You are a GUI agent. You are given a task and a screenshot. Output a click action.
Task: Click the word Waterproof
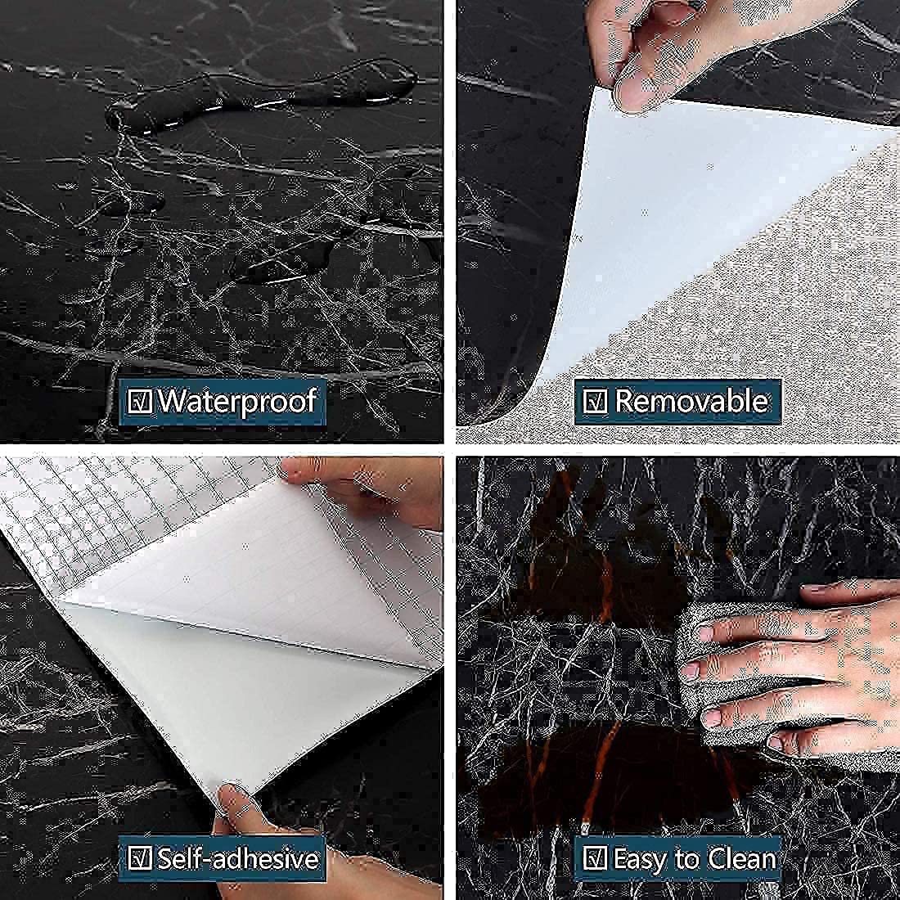point(237,402)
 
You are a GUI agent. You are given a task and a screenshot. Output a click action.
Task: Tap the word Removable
point(691,401)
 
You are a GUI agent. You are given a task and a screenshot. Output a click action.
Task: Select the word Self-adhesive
point(238,859)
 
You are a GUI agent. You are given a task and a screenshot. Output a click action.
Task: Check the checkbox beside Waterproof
point(139,401)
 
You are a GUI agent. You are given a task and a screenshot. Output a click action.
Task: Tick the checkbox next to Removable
point(595,401)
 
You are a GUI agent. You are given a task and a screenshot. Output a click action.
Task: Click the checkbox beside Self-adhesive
point(139,858)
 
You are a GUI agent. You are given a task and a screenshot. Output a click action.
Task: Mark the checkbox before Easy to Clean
point(595,858)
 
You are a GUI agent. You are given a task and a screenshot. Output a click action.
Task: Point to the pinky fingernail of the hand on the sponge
point(775,743)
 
